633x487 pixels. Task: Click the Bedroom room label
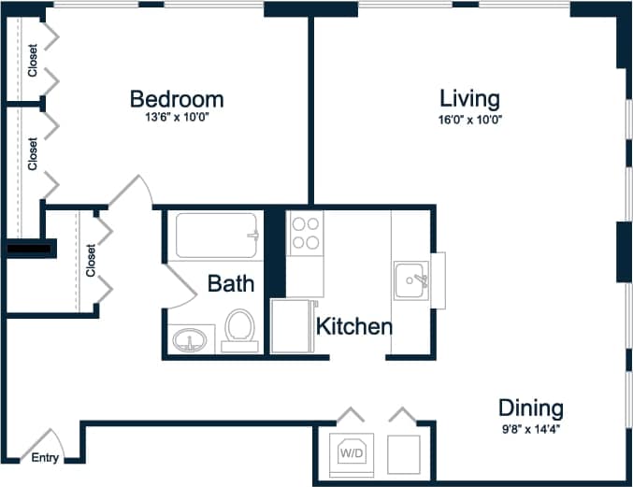tap(176, 99)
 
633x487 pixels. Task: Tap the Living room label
tap(469, 99)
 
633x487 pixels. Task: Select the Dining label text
tap(530, 408)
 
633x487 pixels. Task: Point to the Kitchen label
tap(353, 327)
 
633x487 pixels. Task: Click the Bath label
tap(230, 283)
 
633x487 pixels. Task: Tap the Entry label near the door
tap(45, 458)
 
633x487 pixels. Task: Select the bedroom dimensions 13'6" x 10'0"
tap(176, 119)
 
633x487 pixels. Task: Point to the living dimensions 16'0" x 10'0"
tap(470, 119)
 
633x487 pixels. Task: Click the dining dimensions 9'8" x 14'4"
tap(530, 429)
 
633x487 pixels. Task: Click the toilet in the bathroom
tap(239, 331)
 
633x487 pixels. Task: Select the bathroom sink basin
tap(193, 339)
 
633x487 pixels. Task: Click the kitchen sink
tap(412, 279)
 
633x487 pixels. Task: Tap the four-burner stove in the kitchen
tap(305, 233)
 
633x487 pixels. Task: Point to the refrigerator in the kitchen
tap(293, 326)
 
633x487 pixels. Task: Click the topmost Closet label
tap(33, 61)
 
